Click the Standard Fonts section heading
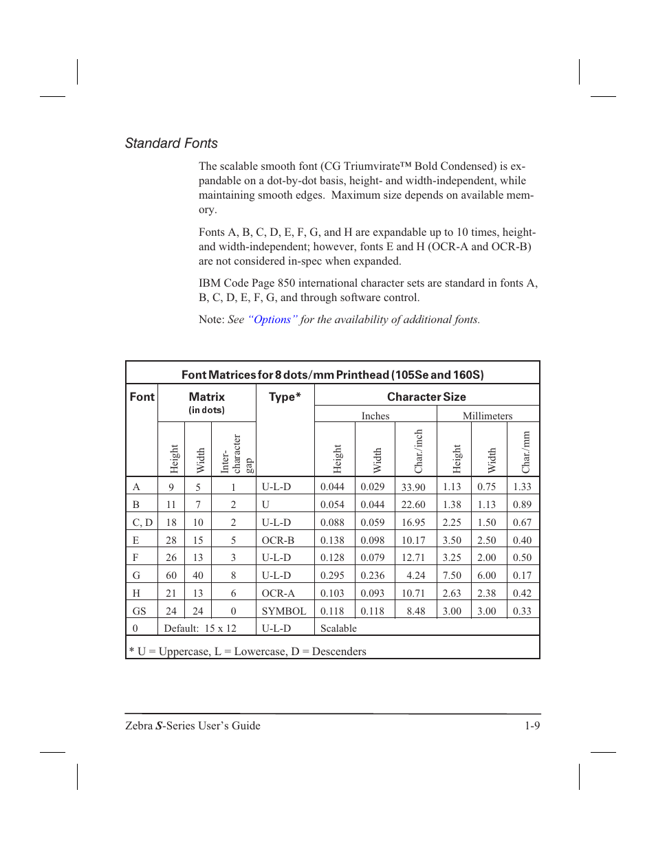click(x=171, y=143)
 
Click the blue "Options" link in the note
click(x=272, y=320)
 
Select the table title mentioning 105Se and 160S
click(x=332, y=375)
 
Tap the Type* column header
click(x=285, y=397)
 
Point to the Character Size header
click(x=426, y=397)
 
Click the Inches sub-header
click(x=375, y=416)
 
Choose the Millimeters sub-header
click(x=488, y=416)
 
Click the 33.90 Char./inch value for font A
click(x=413, y=487)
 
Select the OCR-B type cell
click(x=278, y=540)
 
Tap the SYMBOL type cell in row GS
click(x=284, y=611)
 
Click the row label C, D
click(x=142, y=522)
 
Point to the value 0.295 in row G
click(x=332, y=575)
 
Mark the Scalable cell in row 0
click(x=338, y=628)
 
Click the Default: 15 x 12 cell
click(x=200, y=628)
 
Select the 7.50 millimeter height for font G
click(x=452, y=575)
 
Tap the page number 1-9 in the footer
click(x=532, y=726)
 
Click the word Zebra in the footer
click(x=138, y=726)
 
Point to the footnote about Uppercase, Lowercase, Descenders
click(x=248, y=651)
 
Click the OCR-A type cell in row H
click(x=278, y=593)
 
